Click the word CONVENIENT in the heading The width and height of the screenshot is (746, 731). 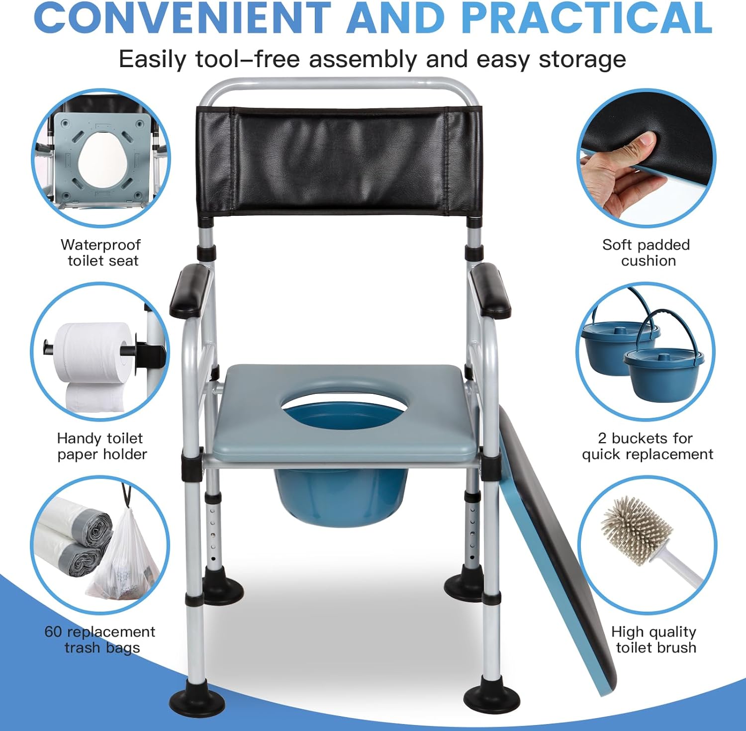(x=182, y=18)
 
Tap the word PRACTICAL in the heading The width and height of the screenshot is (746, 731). (x=587, y=18)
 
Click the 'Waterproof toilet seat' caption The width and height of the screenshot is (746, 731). (x=101, y=253)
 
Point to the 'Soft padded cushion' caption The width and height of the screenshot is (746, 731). (x=646, y=253)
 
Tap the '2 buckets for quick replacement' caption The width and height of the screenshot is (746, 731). (x=647, y=446)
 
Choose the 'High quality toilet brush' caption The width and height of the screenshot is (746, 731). (x=654, y=640)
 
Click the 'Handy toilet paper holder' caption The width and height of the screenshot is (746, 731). (x=101, y=446)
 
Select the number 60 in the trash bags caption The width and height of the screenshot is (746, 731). (x=53, y=632)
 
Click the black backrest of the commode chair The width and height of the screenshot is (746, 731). (x=339, y=163)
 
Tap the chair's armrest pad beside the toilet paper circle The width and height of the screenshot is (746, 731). (x=190, y=291)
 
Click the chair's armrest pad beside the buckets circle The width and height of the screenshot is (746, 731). (x=490, y=291)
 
